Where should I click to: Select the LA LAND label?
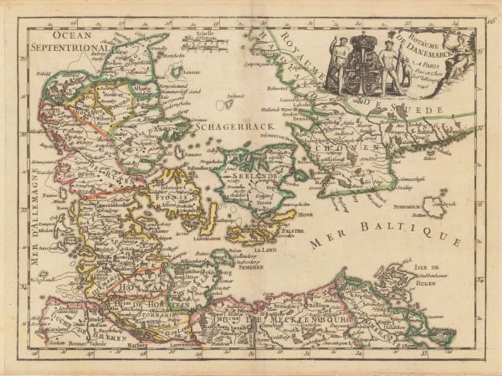click(x=266, y=250)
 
